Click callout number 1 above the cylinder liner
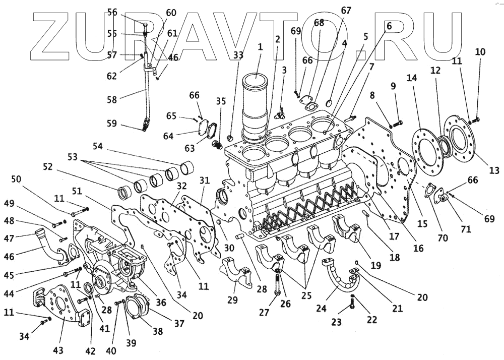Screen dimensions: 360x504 point(260,47)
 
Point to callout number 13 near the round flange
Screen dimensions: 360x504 point(494,170)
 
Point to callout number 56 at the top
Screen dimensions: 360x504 point(112,13)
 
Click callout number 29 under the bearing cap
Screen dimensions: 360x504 point(232,300)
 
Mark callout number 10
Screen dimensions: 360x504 point(480,51)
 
